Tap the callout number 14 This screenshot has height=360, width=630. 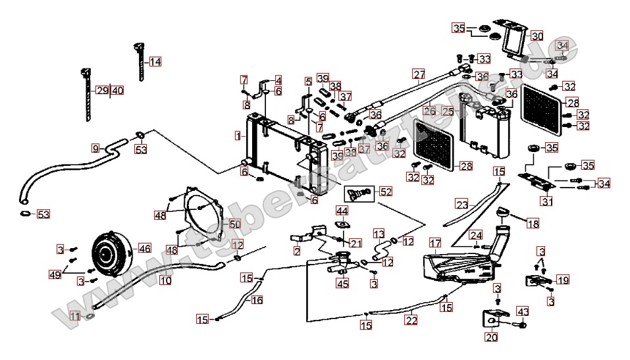pos(155,62)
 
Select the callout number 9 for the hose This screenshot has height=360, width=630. pos(95,148)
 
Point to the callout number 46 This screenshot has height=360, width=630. pos(144,249)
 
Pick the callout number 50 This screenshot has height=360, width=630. pos(234,224)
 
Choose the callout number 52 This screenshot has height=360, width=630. pos(385,192)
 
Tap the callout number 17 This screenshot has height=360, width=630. pos(435,243)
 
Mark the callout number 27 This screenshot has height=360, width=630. pos(419,74)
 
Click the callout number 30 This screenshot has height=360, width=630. pos(537,36)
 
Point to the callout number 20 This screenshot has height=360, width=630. pos(491,338)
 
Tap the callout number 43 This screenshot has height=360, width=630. pos(523,311)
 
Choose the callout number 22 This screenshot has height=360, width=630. pos(411,321)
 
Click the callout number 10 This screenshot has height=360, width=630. pos(165,280)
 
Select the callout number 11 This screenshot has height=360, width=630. pos(75,316)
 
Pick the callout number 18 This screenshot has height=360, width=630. pos(533,224)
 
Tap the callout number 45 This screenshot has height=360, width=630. pos(342,284)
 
